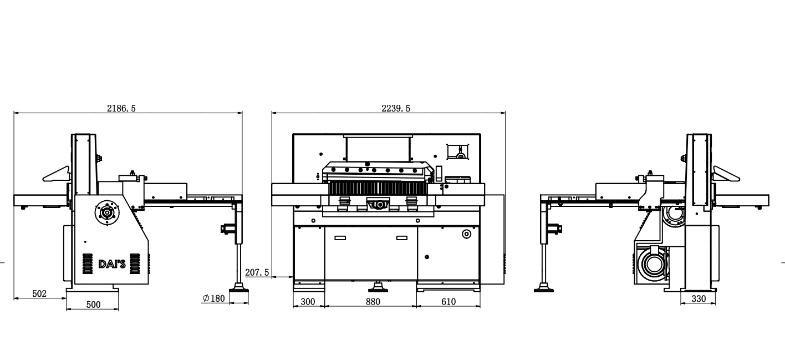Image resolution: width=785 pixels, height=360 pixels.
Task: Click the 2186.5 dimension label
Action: [x=121, y=108]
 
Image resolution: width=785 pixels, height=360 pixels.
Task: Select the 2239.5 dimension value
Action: [x=396, y=108]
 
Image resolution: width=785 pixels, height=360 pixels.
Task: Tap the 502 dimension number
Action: [x=39, y=293]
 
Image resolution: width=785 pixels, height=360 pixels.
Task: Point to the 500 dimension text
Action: [x=93, y=305]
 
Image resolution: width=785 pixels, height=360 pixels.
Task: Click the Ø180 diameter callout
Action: [x=213, y=298]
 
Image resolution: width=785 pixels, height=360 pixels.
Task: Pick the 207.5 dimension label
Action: [x=257, y=272]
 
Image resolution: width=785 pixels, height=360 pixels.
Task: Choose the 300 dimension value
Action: [x=308, y=301]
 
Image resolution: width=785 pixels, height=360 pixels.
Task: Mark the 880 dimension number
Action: [x=373, y=301]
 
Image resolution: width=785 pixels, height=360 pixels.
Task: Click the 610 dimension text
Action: [x=448, y=301]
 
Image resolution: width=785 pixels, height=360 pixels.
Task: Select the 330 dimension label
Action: [x=699, y=298]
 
